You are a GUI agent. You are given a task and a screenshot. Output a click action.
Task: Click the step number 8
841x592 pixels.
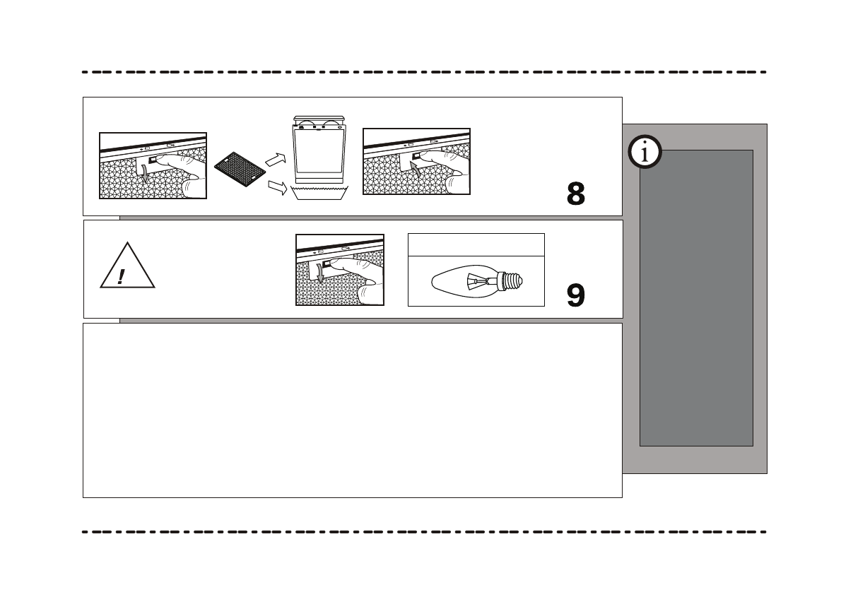[576, 194]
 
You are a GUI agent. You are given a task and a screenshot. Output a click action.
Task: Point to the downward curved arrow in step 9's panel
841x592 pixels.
[320, 272]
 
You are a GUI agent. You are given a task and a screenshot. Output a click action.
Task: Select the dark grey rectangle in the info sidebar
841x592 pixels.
[696, 297]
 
